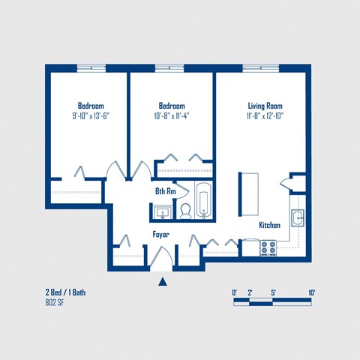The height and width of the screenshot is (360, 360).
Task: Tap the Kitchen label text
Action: [270, 225]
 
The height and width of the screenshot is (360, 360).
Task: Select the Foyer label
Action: [161, 235]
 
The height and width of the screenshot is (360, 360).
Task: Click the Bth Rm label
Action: [165, 191]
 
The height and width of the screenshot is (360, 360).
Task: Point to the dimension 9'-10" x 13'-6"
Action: [91, 115]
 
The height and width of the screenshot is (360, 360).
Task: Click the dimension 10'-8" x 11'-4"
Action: [172, 115]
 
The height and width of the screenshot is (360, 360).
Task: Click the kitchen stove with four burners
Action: [268, 247]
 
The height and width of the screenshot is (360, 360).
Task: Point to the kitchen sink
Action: [297, 218]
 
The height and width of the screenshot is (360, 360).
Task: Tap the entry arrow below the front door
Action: [162, 282]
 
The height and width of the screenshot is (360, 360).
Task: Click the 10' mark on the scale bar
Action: [310, 292]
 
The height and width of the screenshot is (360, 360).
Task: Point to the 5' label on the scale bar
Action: [273, 292]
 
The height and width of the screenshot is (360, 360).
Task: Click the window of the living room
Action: [261, 68]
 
